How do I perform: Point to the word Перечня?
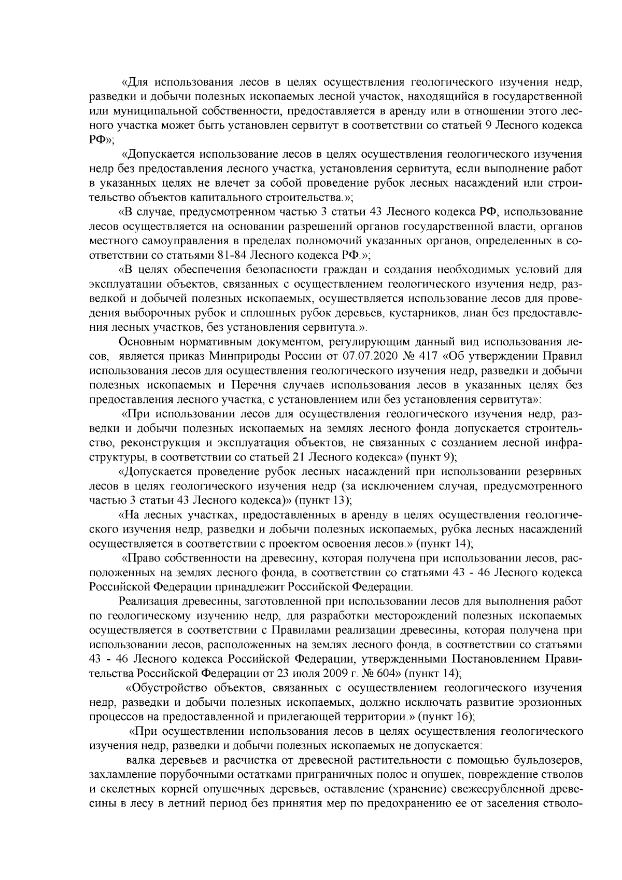[261, 385]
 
